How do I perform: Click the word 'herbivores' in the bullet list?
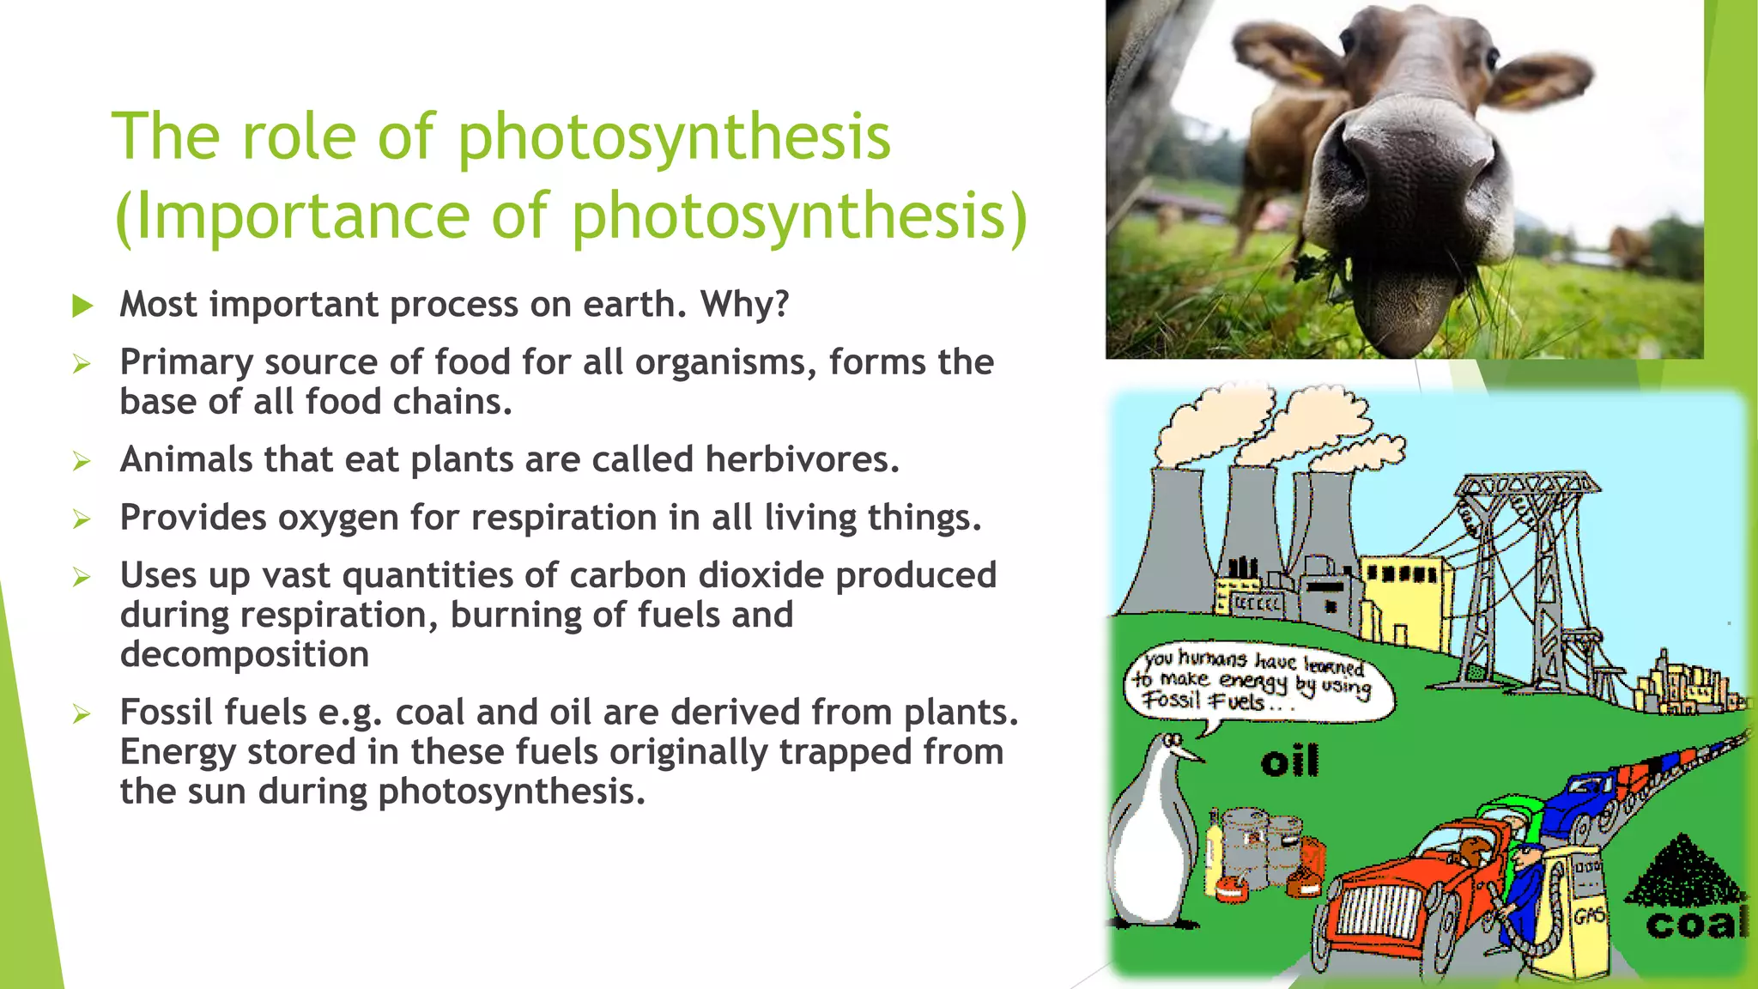point(802,459)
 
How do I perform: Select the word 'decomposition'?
point(245,654)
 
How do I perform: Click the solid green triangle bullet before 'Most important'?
point(82,306)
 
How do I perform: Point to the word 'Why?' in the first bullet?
point(744,304)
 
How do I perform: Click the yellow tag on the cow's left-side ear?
point(1309,74)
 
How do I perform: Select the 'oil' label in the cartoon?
point(1289,761)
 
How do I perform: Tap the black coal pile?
point(1682,871)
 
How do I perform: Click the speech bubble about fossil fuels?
point(1258,683)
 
